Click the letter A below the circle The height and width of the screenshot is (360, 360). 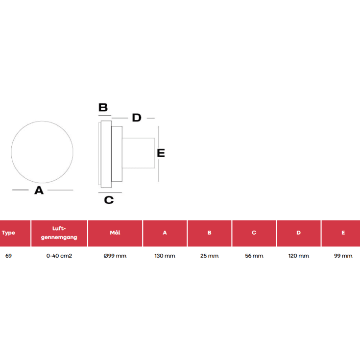pos(39,191)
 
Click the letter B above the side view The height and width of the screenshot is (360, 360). pos(103,107)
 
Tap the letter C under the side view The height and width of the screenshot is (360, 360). pos(109,200)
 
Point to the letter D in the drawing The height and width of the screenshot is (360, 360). pos(137,118)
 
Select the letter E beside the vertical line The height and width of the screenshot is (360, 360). pos(161,153)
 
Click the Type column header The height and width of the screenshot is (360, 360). pos(15,233)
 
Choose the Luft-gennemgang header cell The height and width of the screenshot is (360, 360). pos(59,233)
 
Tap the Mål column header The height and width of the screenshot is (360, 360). pos(115,233)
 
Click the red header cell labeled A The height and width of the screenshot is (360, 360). pos(165,233)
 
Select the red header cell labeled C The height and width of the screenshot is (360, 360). pos(254,233)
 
